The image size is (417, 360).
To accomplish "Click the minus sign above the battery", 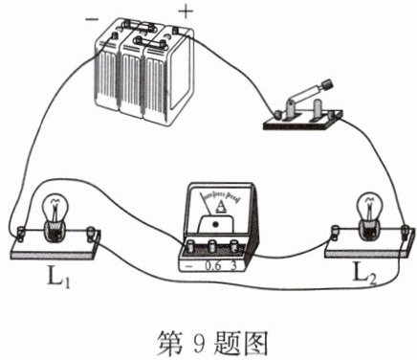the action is (92, 19).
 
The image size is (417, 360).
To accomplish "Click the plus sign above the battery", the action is (186, 12).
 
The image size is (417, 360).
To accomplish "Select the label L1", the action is (58, 277).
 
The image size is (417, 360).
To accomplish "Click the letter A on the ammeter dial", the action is (221, 206).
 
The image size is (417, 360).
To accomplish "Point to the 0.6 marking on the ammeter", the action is (213, 265).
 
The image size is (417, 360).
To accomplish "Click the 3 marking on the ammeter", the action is (234, 265).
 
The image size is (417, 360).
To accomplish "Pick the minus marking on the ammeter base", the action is (189, 266).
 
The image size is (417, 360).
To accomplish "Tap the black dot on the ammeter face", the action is (215, 224).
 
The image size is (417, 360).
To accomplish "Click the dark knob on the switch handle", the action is (327, 84).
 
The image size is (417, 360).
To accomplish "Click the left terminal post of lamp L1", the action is (20, 233).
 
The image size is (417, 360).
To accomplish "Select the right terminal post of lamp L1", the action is (92, 234).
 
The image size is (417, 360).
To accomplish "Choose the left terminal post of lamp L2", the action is (336, 233).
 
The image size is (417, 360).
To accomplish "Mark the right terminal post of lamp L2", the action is (406, 232).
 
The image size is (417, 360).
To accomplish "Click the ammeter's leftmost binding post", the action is (191, 247).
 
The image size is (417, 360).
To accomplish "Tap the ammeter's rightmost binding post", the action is (233, 247).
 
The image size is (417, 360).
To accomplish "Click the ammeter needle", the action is (206, 205).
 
